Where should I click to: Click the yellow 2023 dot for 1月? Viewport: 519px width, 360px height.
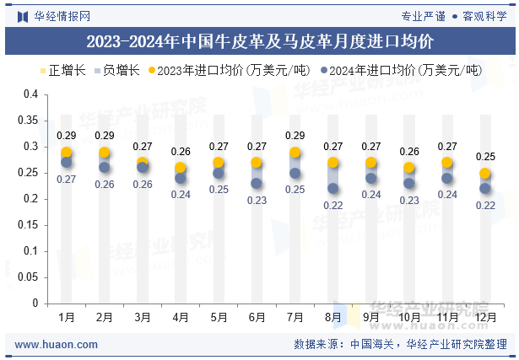pos(66,153)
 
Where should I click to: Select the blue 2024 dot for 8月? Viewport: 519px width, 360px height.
pos(332,189)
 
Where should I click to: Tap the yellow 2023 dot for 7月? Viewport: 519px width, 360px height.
pos(295,153)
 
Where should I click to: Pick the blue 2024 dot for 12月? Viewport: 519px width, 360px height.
pos(485,189)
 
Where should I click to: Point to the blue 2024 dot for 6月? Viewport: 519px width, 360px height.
pos(257,184)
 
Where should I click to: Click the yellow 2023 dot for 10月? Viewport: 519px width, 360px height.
pos(408,168)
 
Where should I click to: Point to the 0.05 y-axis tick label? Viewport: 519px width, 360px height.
pos(28,277)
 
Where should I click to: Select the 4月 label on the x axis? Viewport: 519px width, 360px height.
pos(181,318)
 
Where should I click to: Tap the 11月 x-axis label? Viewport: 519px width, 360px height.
pos(447,318)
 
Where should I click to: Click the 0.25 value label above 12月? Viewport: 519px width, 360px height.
pos(485,156)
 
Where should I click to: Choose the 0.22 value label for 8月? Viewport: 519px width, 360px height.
pos(333,205)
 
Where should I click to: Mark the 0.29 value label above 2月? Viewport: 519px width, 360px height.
pos(105,135)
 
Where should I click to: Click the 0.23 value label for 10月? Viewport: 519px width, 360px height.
pos(409,200)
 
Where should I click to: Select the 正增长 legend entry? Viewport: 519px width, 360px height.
pos(63,71)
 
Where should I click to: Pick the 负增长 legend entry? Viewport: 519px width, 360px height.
pos(116,71)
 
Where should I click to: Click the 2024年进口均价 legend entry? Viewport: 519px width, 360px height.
pos(402,71)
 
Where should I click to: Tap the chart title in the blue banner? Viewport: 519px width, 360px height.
pos(260,41)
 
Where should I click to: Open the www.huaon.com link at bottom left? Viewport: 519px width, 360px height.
pos(57,345)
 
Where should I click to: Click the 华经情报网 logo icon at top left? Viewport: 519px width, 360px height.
pos(23,17)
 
